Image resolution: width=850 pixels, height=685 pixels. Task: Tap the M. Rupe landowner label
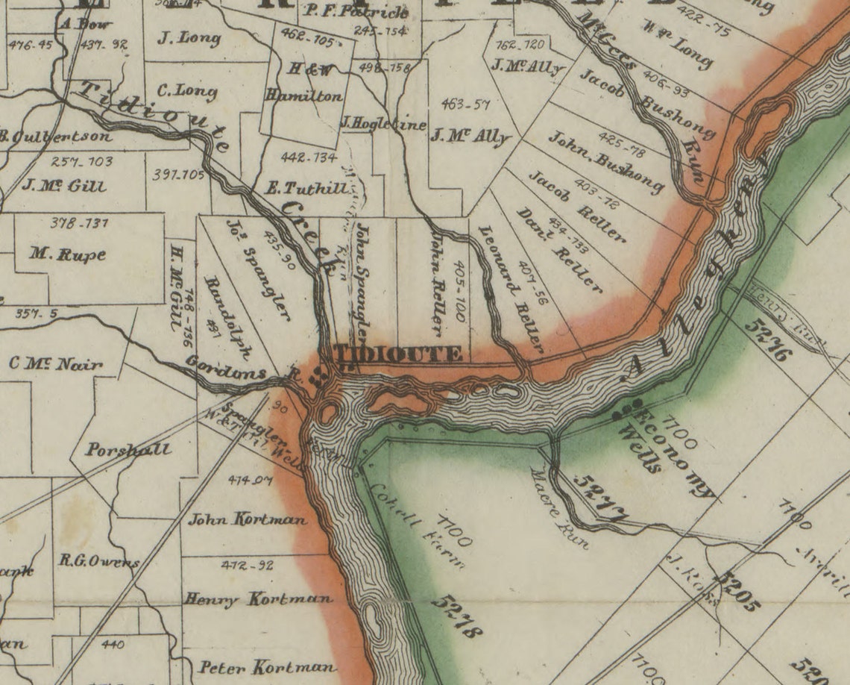[x=68, y=254]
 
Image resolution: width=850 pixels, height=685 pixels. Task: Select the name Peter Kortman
[x=266, y=666]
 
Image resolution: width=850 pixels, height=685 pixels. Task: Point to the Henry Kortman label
[x=258, y=598]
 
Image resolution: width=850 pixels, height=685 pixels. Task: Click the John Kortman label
[x=247, y=519]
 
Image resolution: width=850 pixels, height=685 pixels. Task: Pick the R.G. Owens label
[x=100, y=561]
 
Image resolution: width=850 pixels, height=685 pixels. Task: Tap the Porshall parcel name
[x=127, y=450]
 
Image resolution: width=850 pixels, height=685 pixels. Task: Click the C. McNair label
[x=56, y=364]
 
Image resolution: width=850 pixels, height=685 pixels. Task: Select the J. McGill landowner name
[x=64, y=185]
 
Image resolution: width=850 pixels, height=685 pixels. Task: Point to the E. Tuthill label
[x=306, y=187]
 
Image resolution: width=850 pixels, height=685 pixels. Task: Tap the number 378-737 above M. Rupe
[x=80, y=223]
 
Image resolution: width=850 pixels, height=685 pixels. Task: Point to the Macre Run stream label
[x=559, y=507]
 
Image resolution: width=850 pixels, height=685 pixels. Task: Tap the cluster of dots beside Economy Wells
[x=628, y=407]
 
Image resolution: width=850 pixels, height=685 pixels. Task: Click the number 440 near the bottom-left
[x=113, y=644]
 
